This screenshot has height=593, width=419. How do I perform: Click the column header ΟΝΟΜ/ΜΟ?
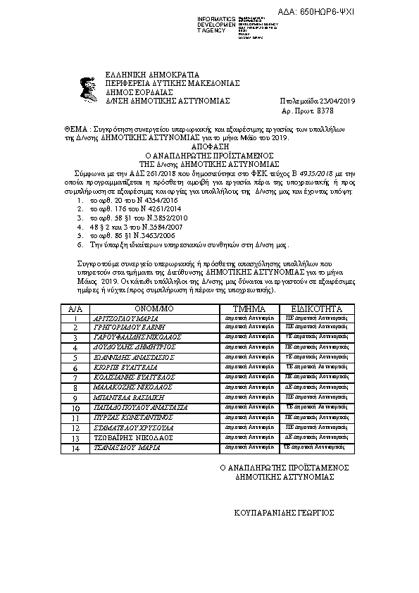(152, 308)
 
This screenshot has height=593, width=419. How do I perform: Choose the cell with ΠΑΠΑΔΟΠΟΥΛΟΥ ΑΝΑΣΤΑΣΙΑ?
(141, 407)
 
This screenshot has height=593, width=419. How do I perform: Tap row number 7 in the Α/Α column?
(75, 377)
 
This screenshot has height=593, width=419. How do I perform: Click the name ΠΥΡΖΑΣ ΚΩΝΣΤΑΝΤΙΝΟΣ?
(132, 417)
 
